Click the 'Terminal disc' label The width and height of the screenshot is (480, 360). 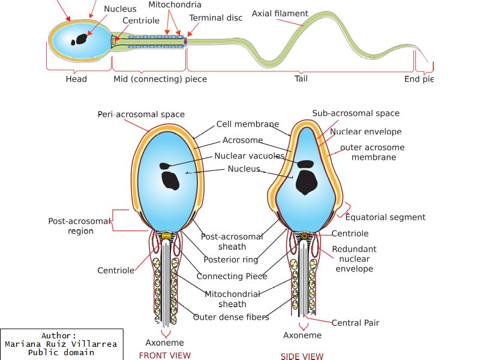click(216, 18)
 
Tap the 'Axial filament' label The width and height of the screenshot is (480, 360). click(280, 13)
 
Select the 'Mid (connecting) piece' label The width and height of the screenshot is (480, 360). click(160, 79)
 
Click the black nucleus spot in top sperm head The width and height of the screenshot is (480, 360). click(79, 40)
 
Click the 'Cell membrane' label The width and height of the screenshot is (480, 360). click(248, 124)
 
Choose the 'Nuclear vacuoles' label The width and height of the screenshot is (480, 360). click(250, 156)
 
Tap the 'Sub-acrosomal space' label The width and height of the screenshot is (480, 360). click(356, 113)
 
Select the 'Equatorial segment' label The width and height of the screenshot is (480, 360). click(385, 217)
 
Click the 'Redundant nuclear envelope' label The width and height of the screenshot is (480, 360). click(355, 259)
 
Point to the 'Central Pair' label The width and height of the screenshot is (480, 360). click(355, 323)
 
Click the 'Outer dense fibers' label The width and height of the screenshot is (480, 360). click(231, 317)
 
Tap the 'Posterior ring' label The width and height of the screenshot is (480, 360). click(231, 260)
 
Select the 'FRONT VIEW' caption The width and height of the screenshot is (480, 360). click(164, 355)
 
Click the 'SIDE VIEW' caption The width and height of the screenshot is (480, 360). click(302, 356)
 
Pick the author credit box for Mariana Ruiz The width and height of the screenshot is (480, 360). click(61, 344)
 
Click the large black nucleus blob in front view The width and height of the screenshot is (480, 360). click(170, 180)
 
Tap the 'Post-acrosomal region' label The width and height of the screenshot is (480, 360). click(80, 226)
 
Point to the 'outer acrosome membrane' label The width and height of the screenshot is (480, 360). click(373, 152)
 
